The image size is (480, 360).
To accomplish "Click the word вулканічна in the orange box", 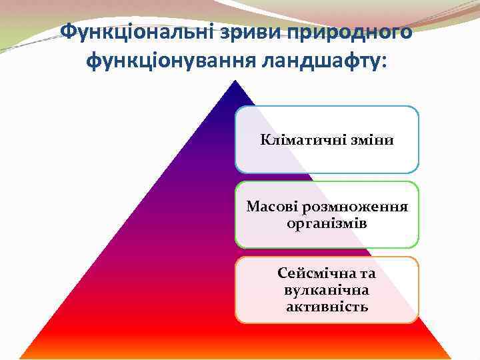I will [327, 291].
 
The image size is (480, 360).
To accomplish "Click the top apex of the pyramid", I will [235, 81].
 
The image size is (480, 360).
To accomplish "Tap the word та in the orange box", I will [366, 274].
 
